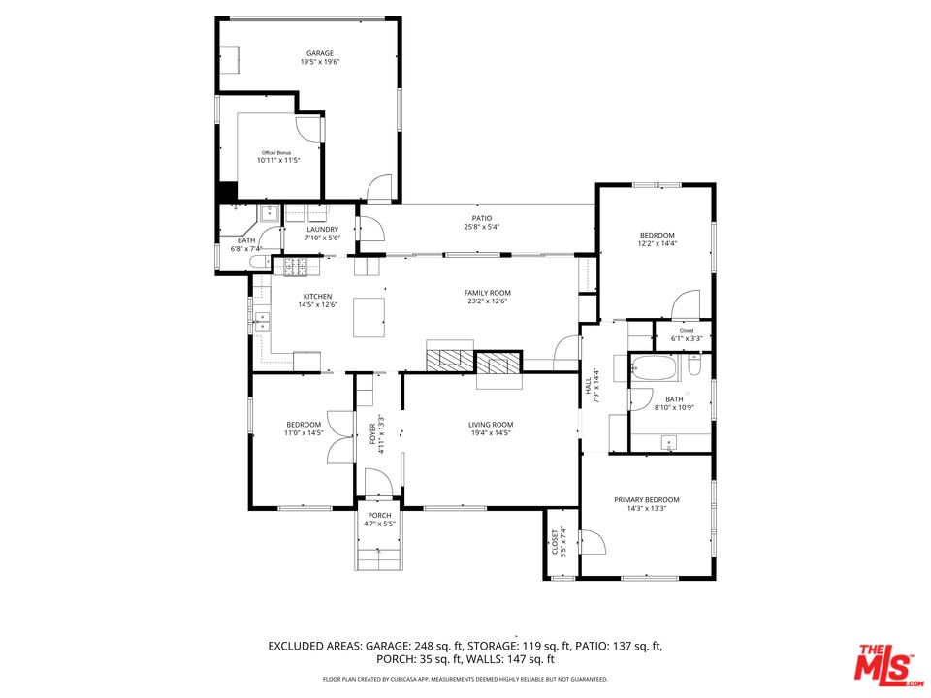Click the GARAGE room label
click(319, 53)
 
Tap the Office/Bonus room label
click(276, 153)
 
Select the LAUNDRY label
click(321, 230)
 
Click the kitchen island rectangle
click(369, 317)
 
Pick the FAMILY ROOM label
click(487, 293)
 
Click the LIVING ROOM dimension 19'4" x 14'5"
click(491, 433)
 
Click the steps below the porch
click(377, 558)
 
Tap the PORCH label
click(379, 515)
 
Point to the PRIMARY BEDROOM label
click(646, 500)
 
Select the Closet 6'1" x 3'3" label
click(687, 331)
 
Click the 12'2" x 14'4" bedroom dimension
click(657, 244)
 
